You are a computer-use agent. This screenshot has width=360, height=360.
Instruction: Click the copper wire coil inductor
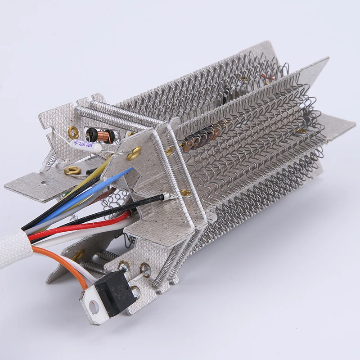pos(107,135)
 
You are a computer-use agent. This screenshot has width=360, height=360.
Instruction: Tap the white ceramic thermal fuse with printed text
pos(85,145)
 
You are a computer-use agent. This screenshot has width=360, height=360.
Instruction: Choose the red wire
pos(81,227)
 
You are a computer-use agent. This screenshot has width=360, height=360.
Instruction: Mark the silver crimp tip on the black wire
pos(166,196)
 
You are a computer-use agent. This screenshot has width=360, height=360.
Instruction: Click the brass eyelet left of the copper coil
pos(73,132)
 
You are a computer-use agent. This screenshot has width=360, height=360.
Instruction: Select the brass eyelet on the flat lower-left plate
pos(72,171)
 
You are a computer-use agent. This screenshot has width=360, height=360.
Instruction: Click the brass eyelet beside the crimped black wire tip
pos(185,193)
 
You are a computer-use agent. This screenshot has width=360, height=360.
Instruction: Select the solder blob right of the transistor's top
pos(145,270)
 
